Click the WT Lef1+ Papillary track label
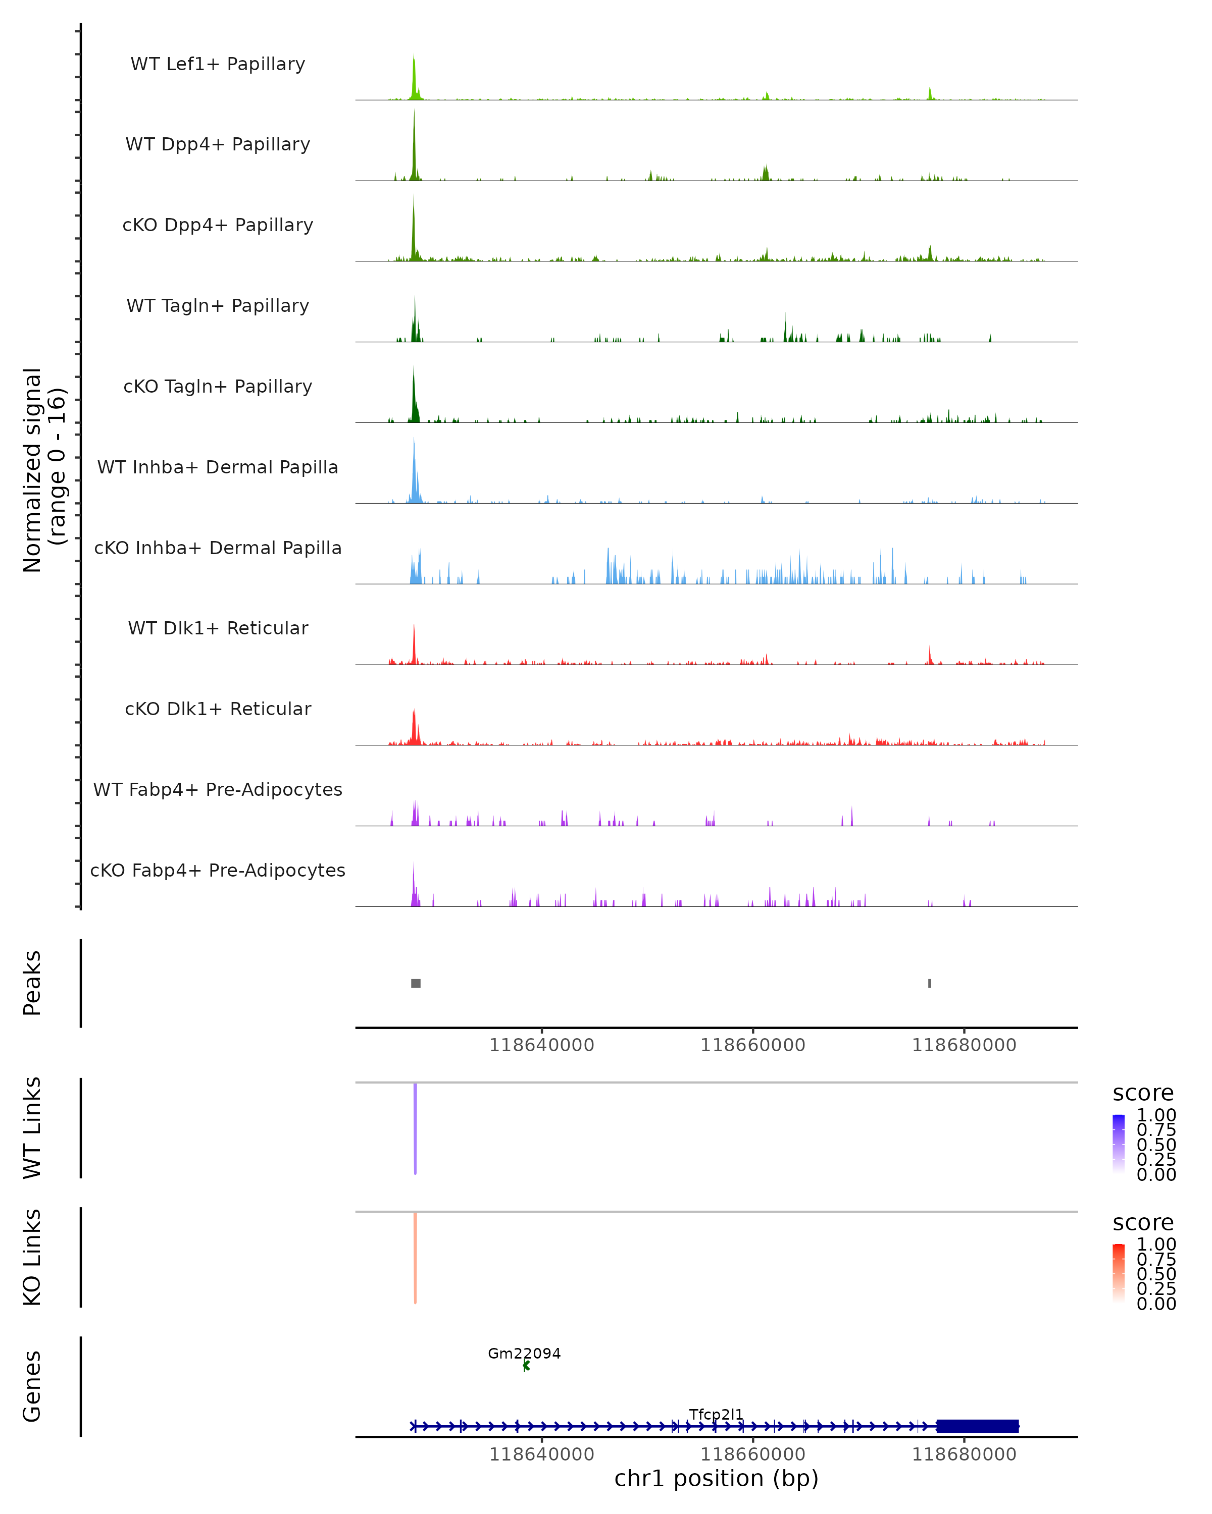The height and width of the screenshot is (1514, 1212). [218, 64]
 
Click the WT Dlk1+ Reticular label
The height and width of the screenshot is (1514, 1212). [218, 628]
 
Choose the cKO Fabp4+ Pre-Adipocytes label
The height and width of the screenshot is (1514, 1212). [218, 870]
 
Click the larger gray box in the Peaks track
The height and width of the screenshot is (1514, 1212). [416, 983]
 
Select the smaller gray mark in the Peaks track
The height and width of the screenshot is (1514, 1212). [930, 983]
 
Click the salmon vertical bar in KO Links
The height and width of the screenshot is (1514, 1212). [415, 1258]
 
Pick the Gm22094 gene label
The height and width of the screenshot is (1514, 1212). [524, 1353]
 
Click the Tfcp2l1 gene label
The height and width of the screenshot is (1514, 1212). [716, 1414]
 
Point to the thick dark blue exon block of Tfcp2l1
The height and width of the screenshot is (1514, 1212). [977, 1426]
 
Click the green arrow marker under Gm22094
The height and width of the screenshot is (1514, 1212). [526, 1366]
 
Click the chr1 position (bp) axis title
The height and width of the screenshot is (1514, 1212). [716, 1479]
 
